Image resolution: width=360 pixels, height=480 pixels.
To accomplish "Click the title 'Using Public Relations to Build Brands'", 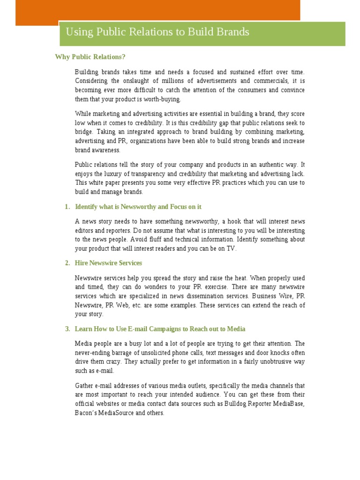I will tap(157, 32).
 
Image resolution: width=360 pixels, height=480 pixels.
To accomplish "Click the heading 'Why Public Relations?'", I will tap(90, 57).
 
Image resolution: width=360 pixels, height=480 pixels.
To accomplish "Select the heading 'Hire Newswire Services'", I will tap(108, 263).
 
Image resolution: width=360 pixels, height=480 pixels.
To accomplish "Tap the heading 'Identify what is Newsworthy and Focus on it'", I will tap(138, 207).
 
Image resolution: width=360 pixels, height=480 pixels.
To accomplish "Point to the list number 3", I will tap(67, 329).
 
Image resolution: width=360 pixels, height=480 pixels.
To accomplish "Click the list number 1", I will tap(67, 207).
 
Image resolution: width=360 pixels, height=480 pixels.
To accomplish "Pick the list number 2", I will tap(67, 263).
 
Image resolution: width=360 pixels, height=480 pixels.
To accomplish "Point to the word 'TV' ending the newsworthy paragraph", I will tap(231, 249).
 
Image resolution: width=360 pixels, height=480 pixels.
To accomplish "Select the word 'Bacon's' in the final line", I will tap(85, 413).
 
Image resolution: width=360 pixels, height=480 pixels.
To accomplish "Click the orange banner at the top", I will tap(157, 10).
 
